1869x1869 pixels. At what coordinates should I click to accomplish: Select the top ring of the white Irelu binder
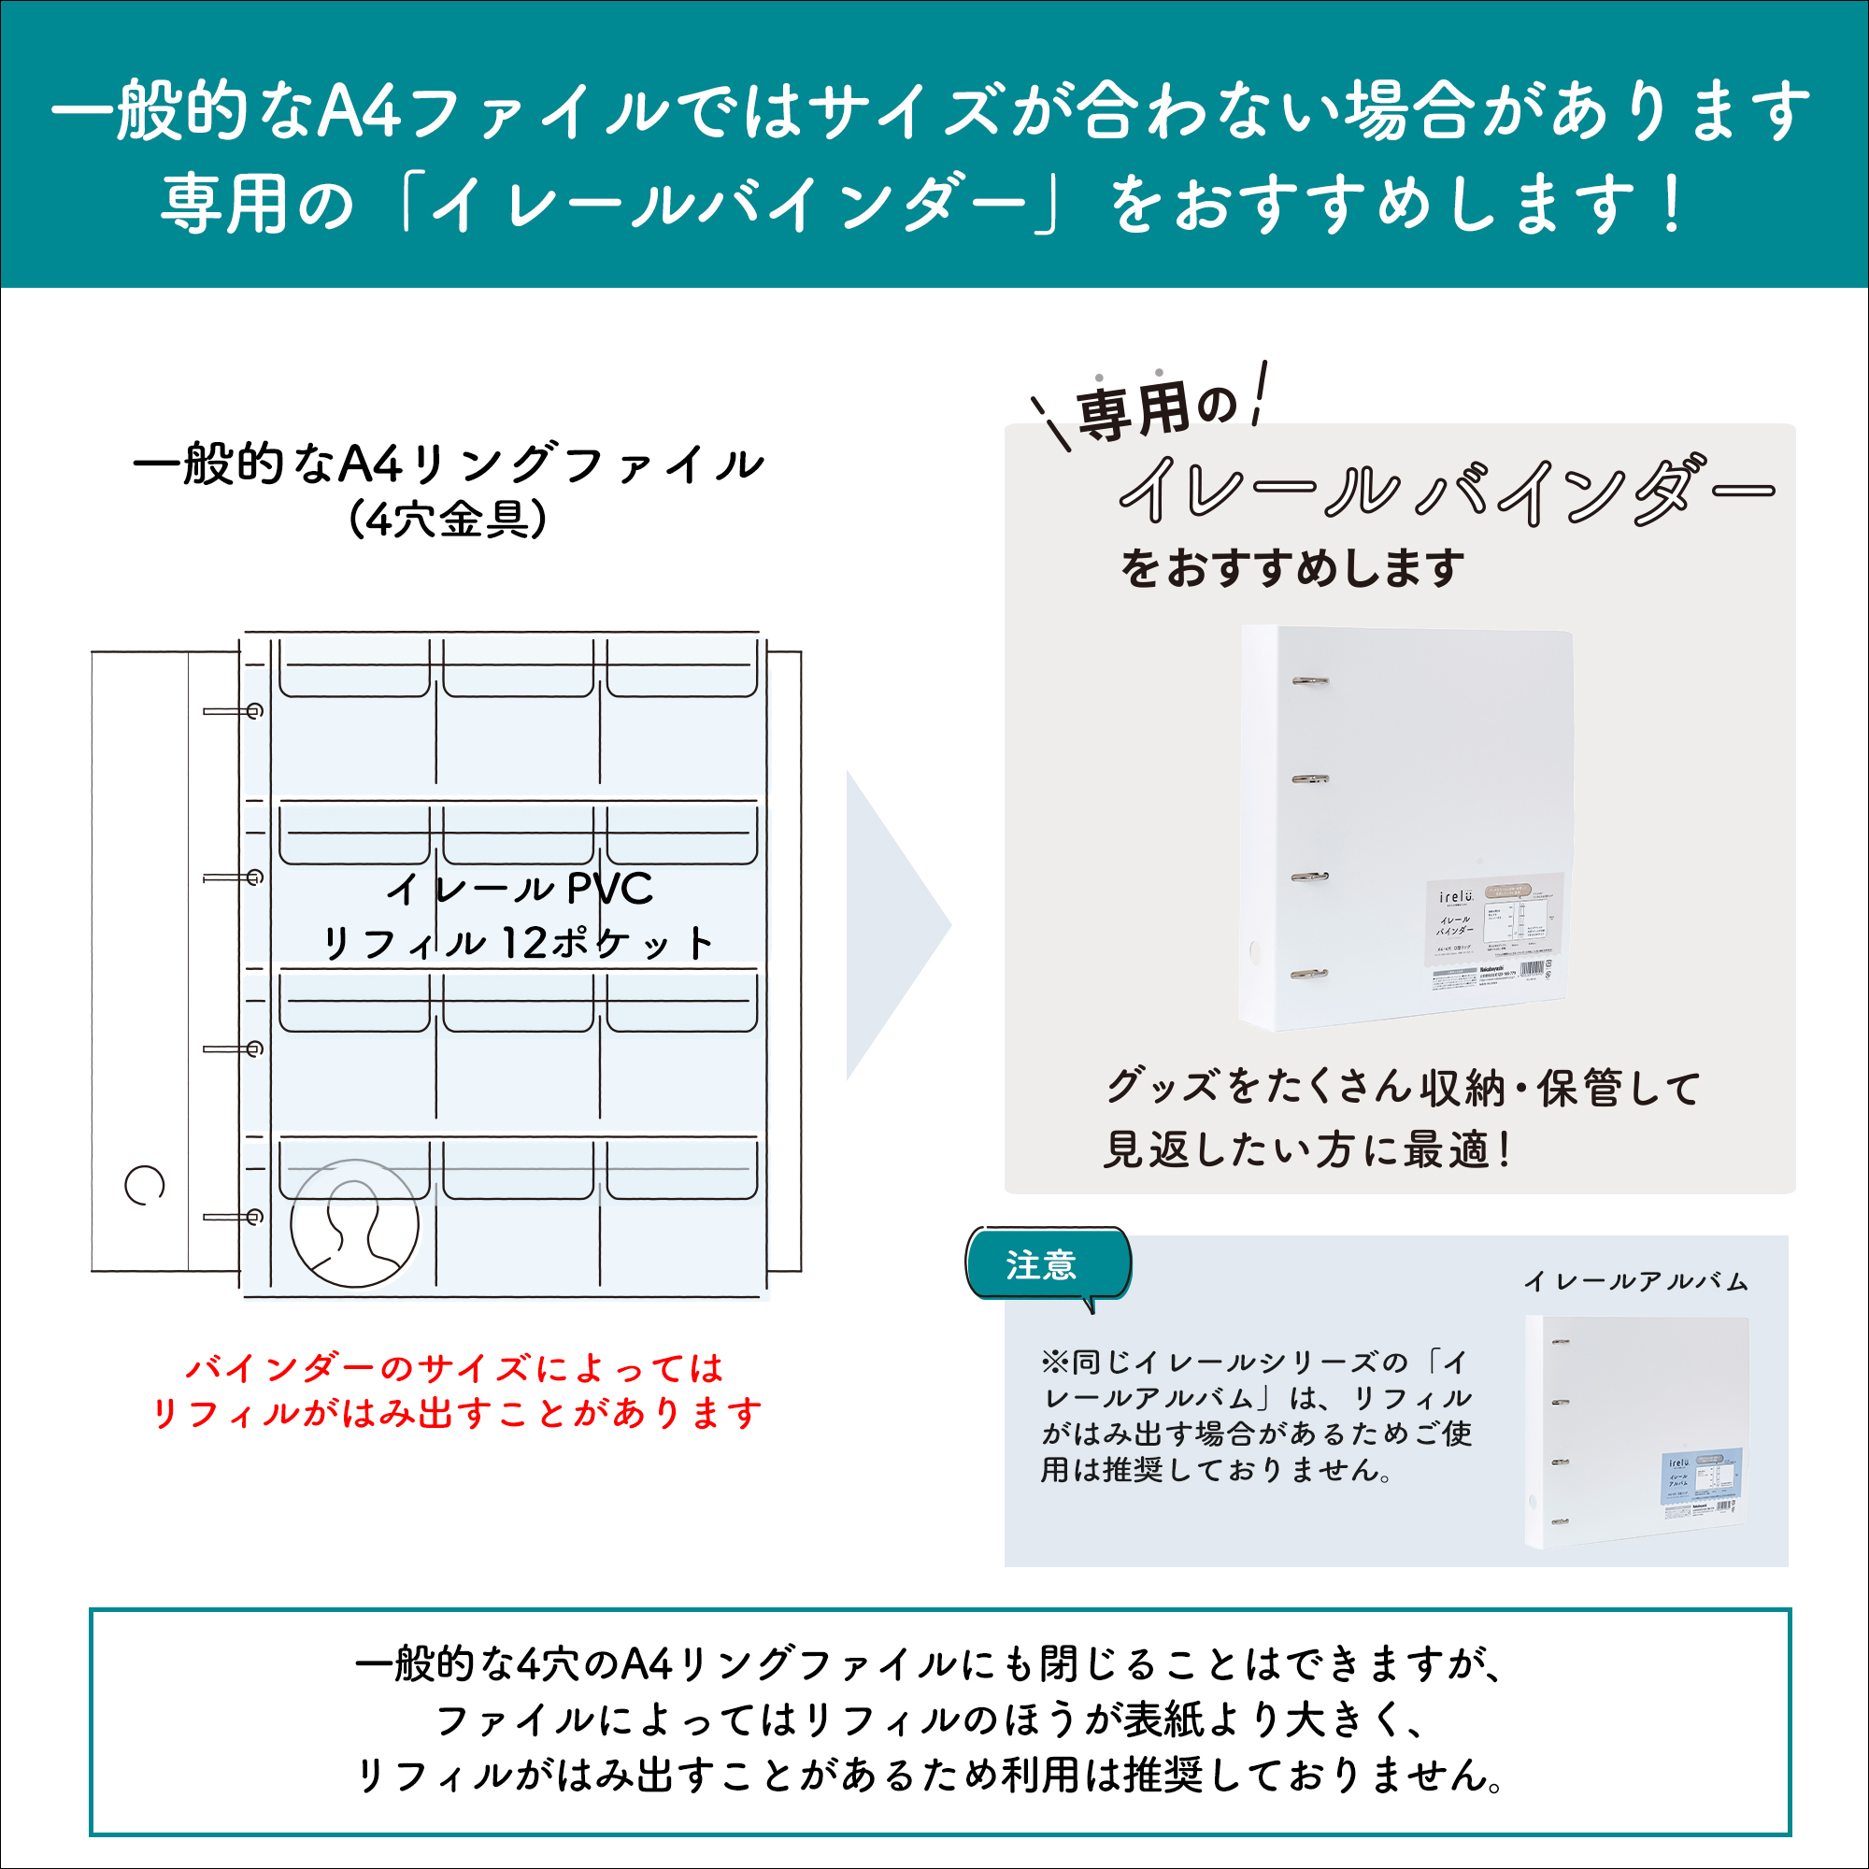click(1310, 681)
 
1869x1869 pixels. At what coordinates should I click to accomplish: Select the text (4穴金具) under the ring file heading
click(447, 520)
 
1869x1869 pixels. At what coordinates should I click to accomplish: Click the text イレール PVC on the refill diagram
click(520, 888)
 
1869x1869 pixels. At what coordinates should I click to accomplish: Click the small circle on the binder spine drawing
click(144, 1185)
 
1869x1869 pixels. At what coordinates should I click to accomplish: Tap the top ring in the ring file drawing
click(233, 712)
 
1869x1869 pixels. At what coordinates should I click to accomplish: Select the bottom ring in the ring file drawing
click(233, 1217)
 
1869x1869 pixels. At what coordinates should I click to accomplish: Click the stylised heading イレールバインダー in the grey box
click(1447, 491)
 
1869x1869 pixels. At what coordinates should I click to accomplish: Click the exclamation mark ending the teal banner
click(1670, 205)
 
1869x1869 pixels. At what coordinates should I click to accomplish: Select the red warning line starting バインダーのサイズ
click(455, 1368)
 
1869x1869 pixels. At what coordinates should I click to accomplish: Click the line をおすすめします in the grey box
click(1292, 568)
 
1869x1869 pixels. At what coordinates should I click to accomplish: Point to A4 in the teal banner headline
click(360, 110)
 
